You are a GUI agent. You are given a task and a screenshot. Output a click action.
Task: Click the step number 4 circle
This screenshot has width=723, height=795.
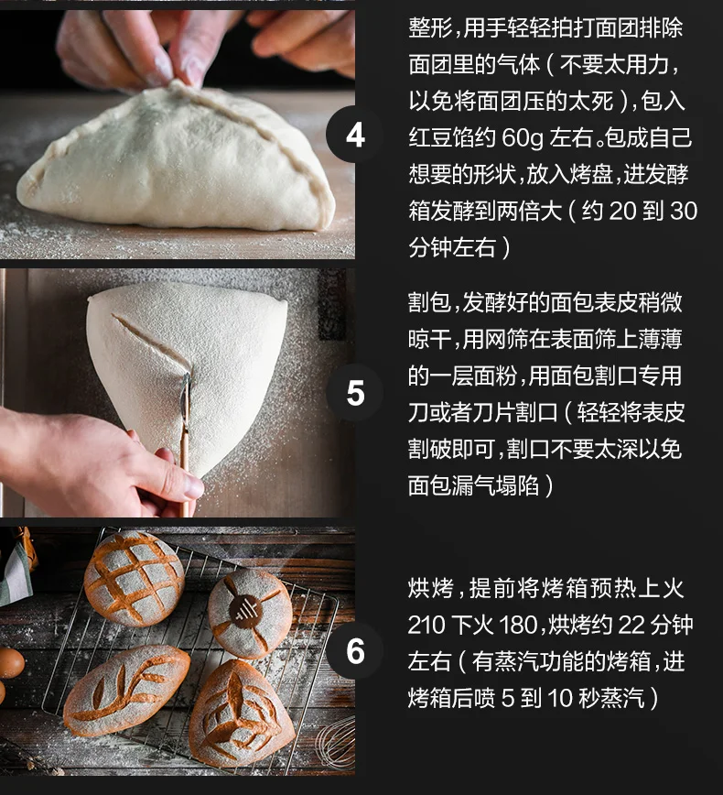click(x=355, y=135)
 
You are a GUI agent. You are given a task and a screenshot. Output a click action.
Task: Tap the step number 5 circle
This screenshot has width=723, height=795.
click(x=355, y=392)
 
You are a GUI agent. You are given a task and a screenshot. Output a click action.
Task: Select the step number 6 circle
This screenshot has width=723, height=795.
click(x=355, y=651)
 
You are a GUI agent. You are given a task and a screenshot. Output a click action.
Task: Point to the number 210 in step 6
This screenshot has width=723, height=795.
click(x=426, y=626)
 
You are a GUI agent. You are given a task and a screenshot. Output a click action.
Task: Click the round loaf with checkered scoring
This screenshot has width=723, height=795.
click(x=135, y=578)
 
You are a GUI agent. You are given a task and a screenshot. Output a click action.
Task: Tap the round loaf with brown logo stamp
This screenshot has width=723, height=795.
click(x=250, y=613)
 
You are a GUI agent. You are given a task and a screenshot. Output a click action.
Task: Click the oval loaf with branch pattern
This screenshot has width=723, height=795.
click(x=126, y=690)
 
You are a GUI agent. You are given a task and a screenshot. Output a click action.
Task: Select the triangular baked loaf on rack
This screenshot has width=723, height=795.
click(x=242, y=713)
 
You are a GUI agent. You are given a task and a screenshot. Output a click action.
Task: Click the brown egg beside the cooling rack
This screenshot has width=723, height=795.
click(x=10, y=662)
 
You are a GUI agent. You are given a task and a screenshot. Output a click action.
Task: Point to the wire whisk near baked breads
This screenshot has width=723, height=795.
click(x=335, y=744)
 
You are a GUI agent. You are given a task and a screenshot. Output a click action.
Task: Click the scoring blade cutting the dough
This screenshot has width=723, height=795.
click(x=186, y=400)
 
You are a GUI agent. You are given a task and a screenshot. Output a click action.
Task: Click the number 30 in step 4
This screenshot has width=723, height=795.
click(x=684, y=211)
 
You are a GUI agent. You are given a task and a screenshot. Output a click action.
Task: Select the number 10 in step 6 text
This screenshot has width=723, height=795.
click(x=560, y=698)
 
